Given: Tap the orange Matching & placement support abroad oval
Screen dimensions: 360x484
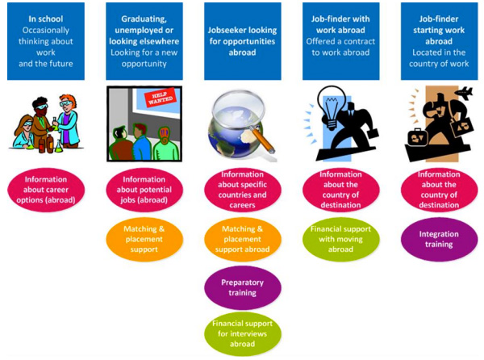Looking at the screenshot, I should click(x=242, y=240).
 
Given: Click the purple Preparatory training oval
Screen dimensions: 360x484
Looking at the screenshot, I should click(x=242, y=287).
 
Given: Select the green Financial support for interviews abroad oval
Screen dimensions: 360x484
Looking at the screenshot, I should click(x=242, y=333).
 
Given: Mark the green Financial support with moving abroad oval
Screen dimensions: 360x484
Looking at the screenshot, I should click(x=340, y=240).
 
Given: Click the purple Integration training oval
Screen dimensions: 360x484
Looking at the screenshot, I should click(x=439, y=239).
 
